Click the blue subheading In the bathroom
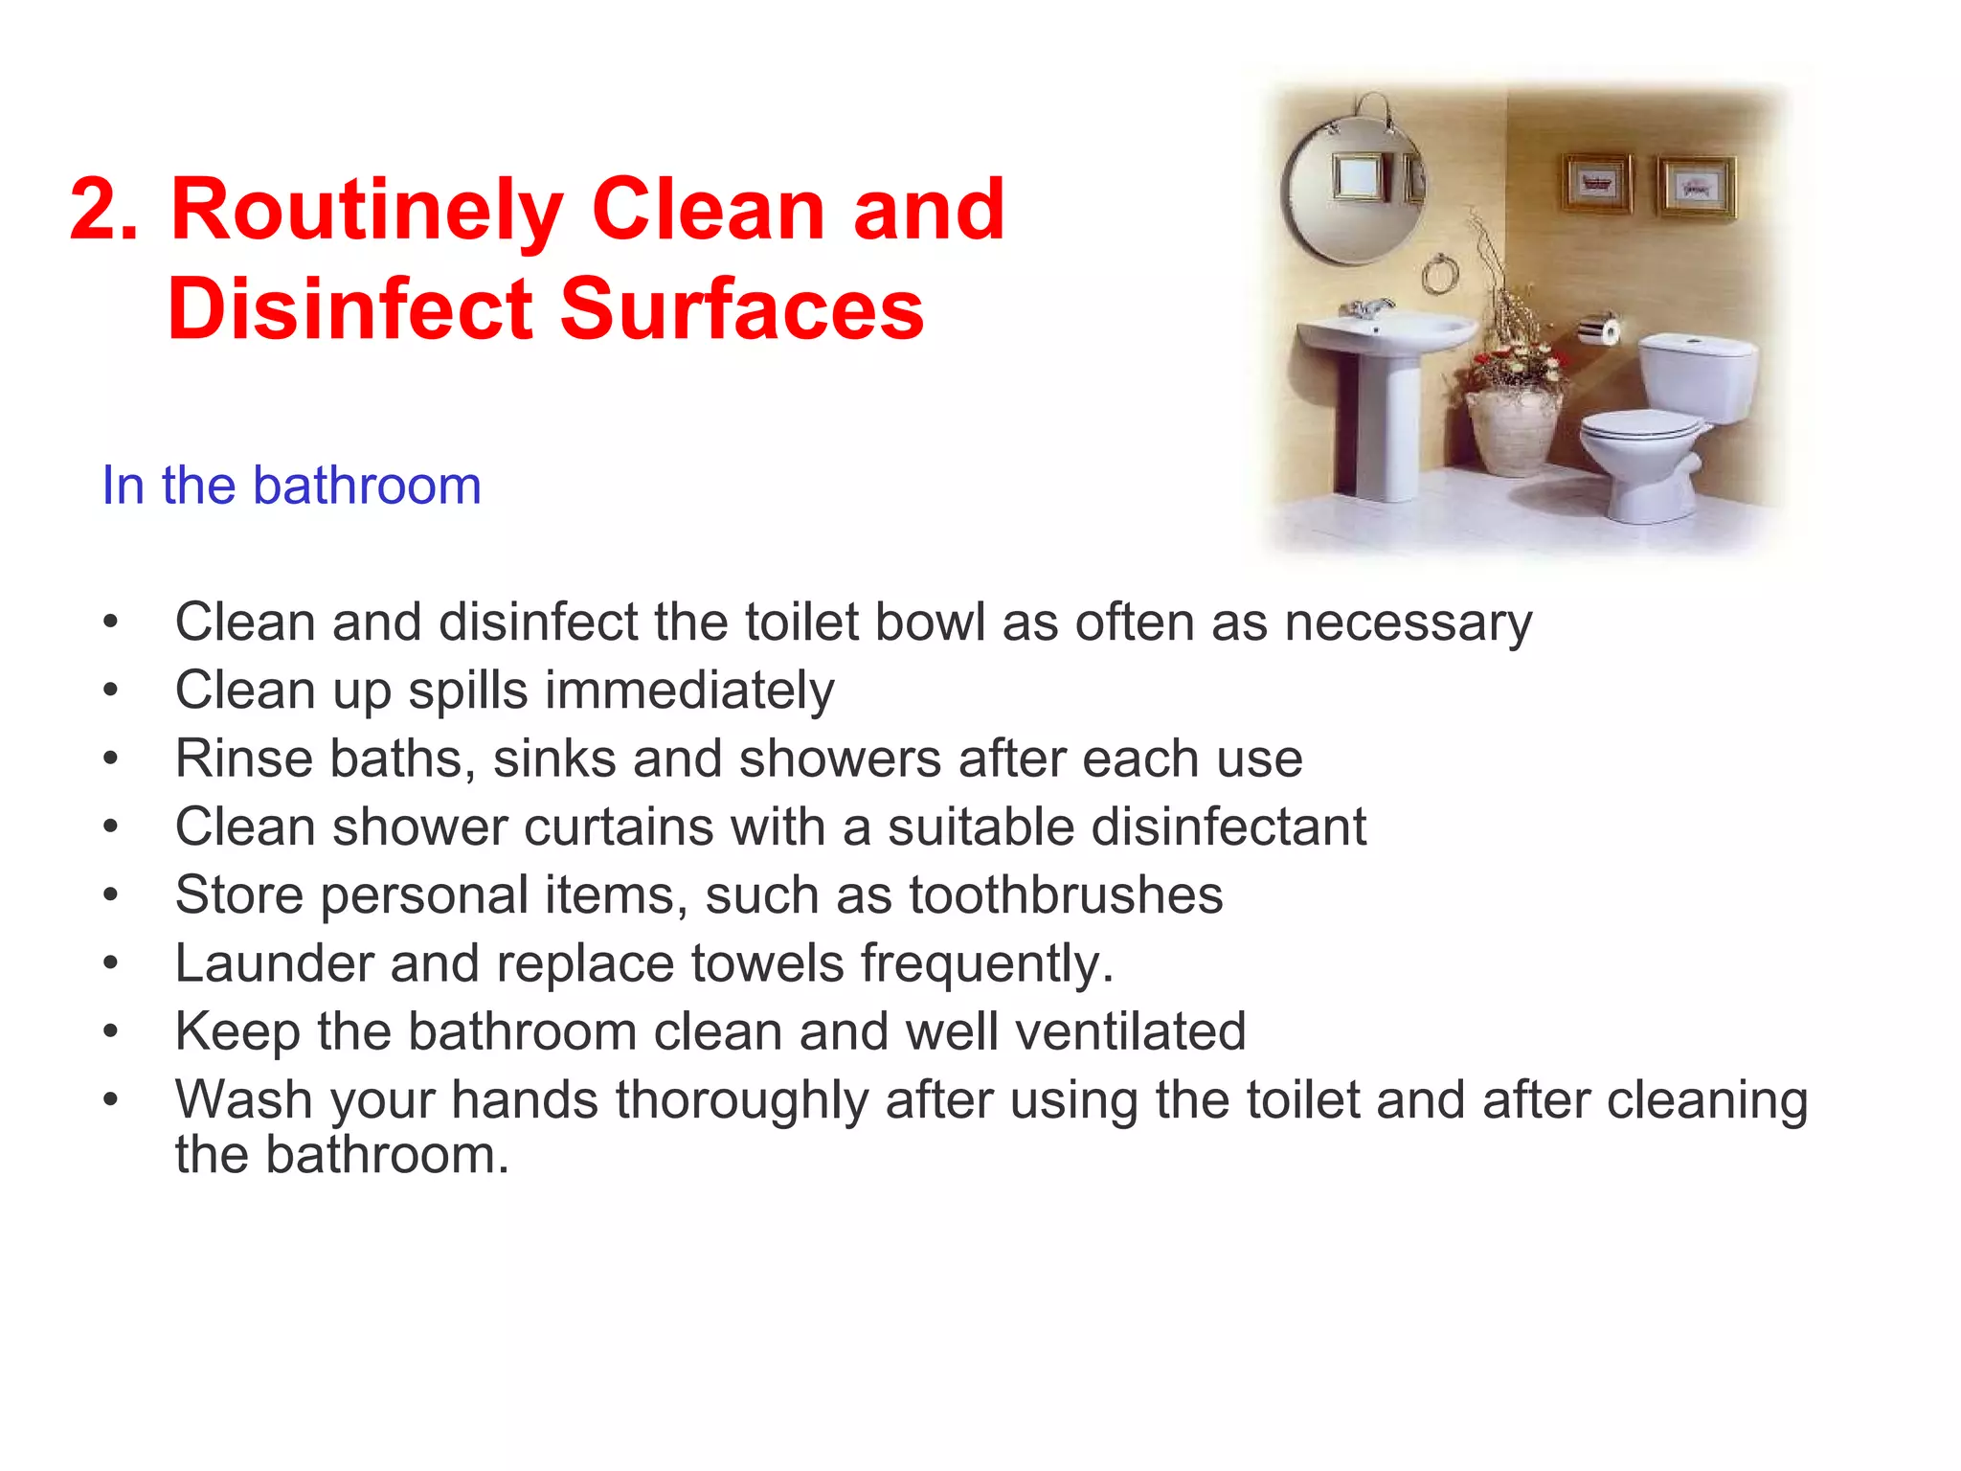(x=291, y=486)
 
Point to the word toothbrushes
(x=1066, y=895)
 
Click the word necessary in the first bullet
(x=1408, y=623)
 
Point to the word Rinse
(x=243, y=759)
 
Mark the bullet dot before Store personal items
(x=111, y=895)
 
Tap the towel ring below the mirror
(x=1440, y=276)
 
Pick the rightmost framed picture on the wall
(x=1697, y=187)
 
